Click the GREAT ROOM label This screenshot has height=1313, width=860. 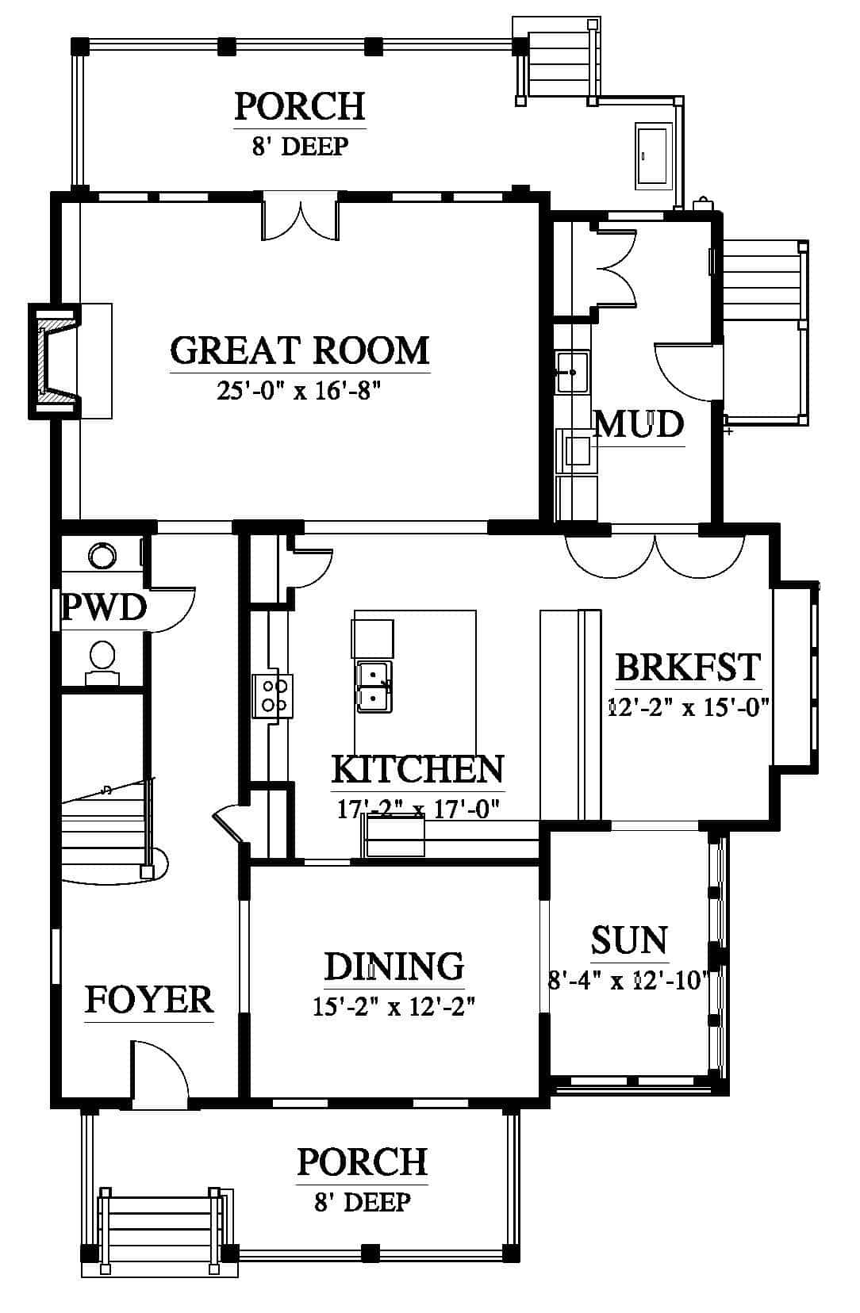click(300, 350)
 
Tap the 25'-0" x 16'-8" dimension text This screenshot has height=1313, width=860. click(299, 390)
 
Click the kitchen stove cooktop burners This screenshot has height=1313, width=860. click(273, 696)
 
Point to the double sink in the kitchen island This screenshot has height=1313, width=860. click(374, 687)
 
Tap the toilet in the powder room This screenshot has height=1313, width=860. click(102, 663)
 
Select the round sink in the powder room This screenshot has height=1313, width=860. click(102, 554)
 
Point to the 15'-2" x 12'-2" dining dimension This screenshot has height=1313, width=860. click(394, 1007)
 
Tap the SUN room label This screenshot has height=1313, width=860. click(629, 940)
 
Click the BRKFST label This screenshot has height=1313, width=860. click(688, 667)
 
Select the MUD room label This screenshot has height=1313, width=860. click(639, 424)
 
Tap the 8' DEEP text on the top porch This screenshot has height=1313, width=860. click(301, 147)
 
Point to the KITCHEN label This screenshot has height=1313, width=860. click(417, 770)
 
